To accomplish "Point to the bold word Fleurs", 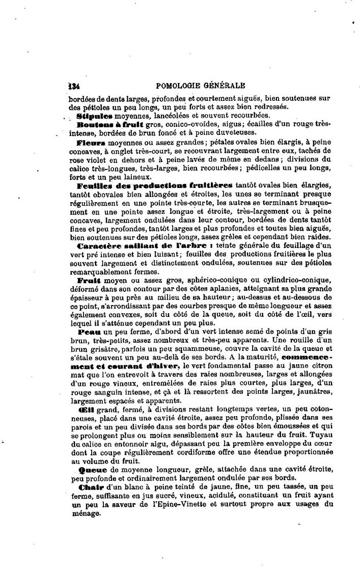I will pos(91,143).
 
